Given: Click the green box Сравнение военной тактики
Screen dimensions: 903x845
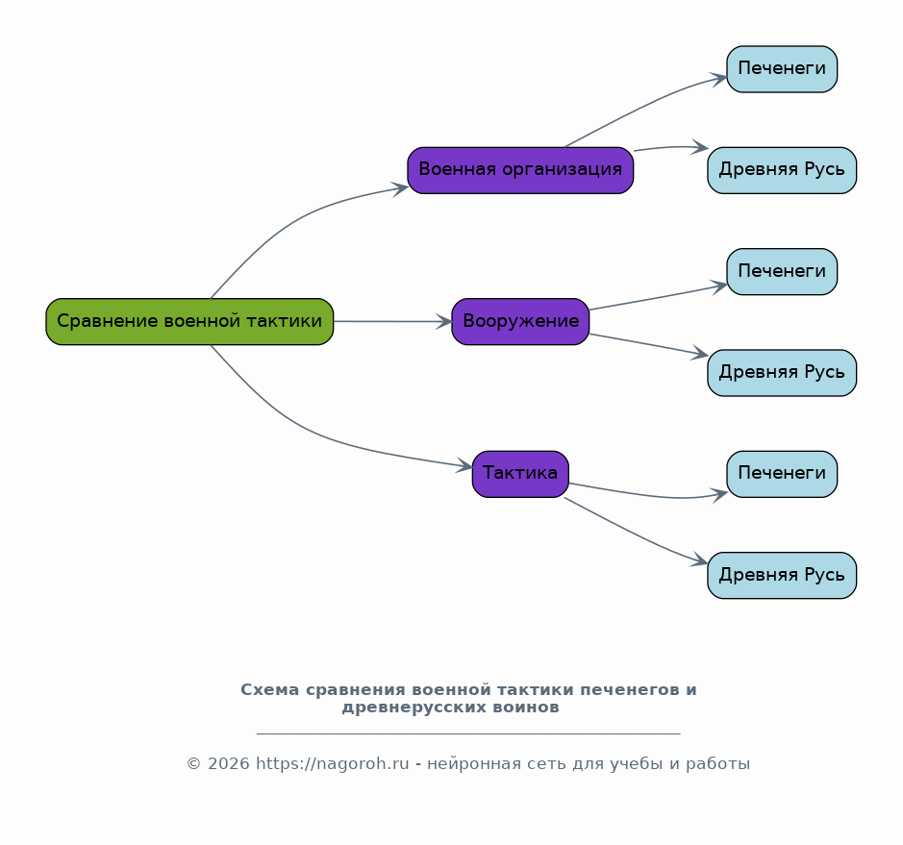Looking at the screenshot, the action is coord(189,321).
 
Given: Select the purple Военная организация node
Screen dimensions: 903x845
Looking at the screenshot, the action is coord(520,170).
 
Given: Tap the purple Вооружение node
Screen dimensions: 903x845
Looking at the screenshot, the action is coord(520,321).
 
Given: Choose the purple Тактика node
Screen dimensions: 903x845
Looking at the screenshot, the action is coord(520,474).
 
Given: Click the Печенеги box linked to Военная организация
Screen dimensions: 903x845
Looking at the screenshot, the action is coord(782,68).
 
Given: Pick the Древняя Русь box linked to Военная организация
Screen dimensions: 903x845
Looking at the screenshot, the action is coord(782,170).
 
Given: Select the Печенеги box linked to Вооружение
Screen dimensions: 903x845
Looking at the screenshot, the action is coord(782,271).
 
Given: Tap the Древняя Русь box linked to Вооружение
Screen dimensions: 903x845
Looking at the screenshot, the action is coord(782,372).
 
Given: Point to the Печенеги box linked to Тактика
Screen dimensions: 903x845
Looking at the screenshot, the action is coord(782,474).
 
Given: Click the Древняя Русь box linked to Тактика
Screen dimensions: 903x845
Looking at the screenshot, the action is coord(782,575).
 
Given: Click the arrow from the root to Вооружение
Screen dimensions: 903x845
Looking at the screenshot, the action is coord(392,321).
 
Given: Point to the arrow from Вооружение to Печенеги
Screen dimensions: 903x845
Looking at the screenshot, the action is coord(658,298).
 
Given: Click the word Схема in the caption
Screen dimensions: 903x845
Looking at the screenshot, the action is coord(269,689).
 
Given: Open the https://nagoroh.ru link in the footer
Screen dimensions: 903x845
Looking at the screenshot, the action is coord(333,764).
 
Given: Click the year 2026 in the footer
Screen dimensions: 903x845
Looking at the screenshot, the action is coord(229,764).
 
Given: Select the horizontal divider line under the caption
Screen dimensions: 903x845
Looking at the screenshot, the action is coord(468,733).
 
